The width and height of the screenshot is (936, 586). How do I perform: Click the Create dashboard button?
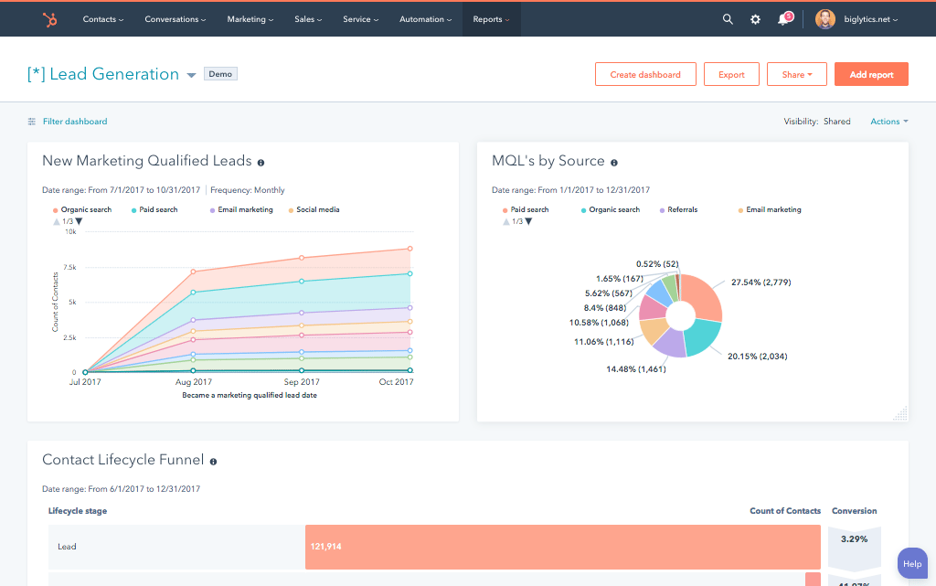point(645,74)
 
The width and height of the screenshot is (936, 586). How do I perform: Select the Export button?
point(731,74)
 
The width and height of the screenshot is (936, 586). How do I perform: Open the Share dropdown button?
point(797,74)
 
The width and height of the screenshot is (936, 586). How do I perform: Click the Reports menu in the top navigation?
point(491,19)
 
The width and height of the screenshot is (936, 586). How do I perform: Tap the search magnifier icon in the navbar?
point(728,19)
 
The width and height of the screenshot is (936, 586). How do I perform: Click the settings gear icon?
point(755,19)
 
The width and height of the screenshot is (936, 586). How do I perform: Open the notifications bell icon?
point(783,19)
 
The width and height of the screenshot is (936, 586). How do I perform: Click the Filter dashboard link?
point(74,122)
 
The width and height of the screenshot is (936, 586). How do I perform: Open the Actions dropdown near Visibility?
point(888,122)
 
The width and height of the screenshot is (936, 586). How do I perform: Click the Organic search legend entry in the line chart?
point(86,210)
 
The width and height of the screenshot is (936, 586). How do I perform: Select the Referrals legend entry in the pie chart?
point(682,210)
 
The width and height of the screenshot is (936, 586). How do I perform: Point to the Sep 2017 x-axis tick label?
point(302,382)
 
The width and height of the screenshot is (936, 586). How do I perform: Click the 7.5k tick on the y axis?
point(69,267)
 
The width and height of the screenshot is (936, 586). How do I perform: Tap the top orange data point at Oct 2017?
point(409,249)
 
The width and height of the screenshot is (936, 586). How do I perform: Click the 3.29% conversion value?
point(854,539)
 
